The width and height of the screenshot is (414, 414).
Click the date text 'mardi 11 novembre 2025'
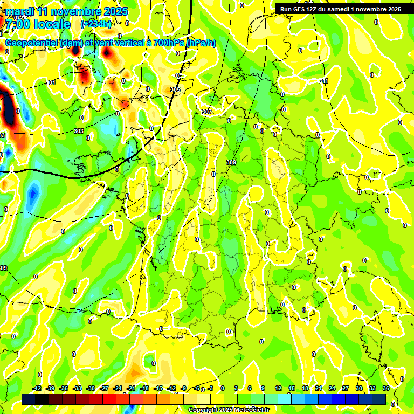tap(66, 11)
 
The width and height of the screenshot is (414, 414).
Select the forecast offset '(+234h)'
tap(96, 24)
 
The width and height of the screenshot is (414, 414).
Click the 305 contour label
tap(175, 89)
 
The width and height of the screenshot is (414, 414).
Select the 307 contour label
tap(207, 112)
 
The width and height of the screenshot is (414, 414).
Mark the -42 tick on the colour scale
tap(37, 388)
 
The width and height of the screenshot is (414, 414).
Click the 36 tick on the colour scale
tap(386, 388)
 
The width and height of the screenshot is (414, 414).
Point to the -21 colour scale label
tap(131, 388)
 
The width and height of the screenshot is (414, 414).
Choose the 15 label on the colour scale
tap(292, 388)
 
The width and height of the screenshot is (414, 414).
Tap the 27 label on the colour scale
tap(346, 388)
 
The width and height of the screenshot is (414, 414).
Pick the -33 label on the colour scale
tap(78, 388)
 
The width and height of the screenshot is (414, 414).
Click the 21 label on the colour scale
tap(319, 388)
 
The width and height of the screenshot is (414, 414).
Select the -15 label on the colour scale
tap(158, 388)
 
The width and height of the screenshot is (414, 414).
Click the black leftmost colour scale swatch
tap(29, 399)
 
